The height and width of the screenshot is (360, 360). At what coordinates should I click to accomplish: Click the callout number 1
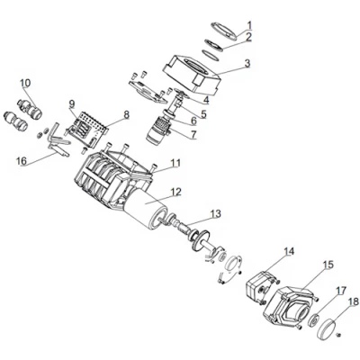[249, 25]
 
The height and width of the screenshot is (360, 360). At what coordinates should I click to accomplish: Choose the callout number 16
[22, 161]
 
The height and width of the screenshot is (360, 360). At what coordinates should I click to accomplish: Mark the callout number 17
[341, 291]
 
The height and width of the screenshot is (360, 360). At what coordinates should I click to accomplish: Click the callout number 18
[354, 301]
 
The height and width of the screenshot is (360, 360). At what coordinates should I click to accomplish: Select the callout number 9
[72, 104]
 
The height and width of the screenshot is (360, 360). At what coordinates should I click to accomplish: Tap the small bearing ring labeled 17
[314, 319]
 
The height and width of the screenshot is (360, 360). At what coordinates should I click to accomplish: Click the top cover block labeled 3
[192, 73]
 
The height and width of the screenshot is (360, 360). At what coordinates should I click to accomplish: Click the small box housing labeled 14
[259, 286]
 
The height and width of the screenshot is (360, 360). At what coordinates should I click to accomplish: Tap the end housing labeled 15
[289, 306]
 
